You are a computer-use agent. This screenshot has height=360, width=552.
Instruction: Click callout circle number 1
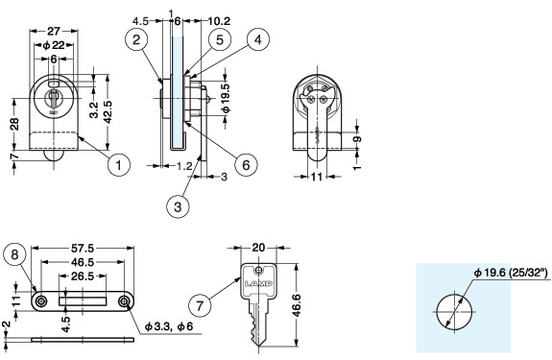click(119, 165)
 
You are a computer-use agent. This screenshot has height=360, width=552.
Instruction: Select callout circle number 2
click(136, 39)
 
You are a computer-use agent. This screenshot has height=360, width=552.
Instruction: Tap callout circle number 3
click(178, 206)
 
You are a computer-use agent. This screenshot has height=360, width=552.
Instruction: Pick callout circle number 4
click(258, 39)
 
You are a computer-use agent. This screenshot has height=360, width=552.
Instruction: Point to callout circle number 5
click(220, 39)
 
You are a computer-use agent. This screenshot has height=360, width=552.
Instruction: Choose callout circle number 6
click(246, 164)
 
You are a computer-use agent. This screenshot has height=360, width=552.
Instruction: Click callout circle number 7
click(200, 305)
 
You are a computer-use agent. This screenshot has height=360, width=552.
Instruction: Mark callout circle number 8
click(14, 254)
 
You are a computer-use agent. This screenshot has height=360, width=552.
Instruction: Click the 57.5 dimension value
click(83, 249)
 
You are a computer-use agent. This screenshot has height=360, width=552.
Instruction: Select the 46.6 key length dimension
click(297, 305)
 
